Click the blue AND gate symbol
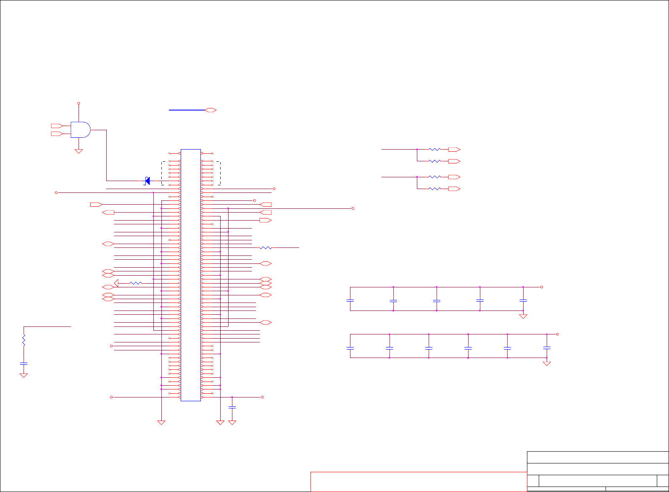pyautogui.click(x=80, y=130)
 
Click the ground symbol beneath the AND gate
pyautogui.click(x=79, y=151)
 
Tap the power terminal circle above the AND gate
pyautogui.click(x=79, y=103)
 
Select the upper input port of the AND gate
pyautogui.click(x=56, y=126)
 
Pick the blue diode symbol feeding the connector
pyautogui.click(x=147, y=181)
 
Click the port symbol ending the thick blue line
pyautogui.click(x=211, y=110)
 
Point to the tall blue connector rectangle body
pyautogui.click(x=191, y=275)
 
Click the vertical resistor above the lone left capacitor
pyautogui.click(x=24, y=340)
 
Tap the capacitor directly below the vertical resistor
pyautogui.click(x=24, y=363)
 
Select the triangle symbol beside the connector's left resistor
pyautogui.click(x=116, y=283)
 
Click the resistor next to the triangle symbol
pyautogui.click(x=136, y=283)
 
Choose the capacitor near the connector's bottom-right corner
pyautogui.click(x=232, y=407)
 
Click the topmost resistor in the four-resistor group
pyautogui.click(x=435, y=149)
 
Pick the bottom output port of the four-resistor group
pyautogui.click(x=454, y=189)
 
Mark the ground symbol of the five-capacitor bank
pyautogui.click(x=523, y=316)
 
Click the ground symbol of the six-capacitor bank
pyautogui.click(x=547, y=363)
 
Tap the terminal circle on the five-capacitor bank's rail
pyautogui.click(x=542, y=287)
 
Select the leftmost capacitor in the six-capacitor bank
pyautogui.click(x=350, y=348)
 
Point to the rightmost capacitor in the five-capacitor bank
pyautogui.click(x=523, y=300)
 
